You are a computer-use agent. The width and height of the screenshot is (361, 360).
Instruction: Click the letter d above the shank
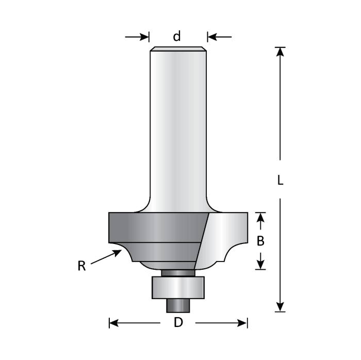pos(177,37)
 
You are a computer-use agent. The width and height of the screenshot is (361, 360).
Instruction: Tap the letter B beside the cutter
pos(261,240)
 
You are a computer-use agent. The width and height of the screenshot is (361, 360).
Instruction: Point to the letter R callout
pos(81,266)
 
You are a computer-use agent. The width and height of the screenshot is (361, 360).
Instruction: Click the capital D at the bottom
pos(178,323)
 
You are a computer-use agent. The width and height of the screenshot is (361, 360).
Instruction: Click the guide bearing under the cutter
pos(178,287)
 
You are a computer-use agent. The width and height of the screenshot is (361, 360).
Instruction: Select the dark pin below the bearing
pos(178,304)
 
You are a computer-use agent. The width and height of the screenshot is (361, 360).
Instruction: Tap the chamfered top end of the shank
pos(178,50)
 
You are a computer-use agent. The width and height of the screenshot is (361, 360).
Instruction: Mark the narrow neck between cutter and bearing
pos(178,272)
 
